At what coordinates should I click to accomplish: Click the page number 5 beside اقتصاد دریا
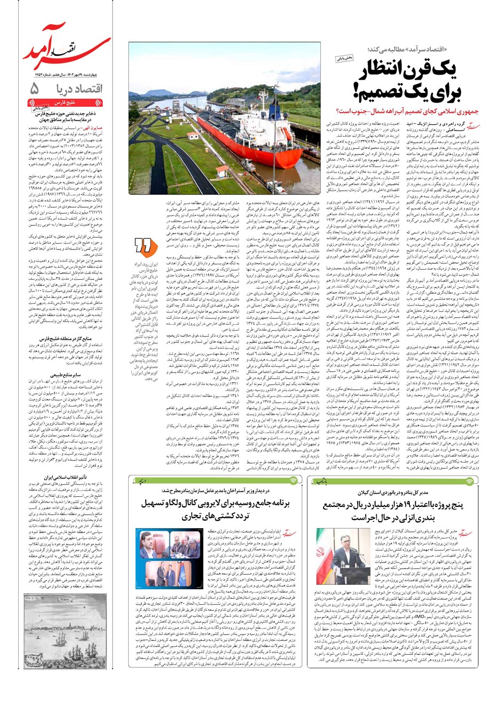[x=35, y=89]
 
